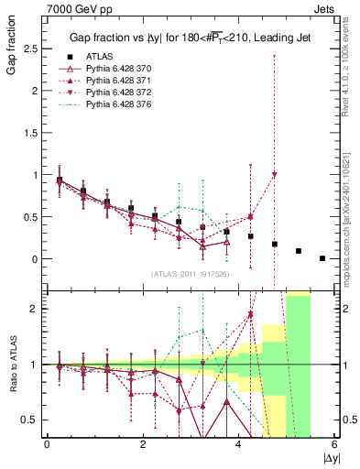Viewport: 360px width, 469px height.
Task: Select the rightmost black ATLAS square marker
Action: click(x=322, y=258)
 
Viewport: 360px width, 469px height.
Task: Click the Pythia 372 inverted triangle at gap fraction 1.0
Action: click(x=275, y=175)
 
